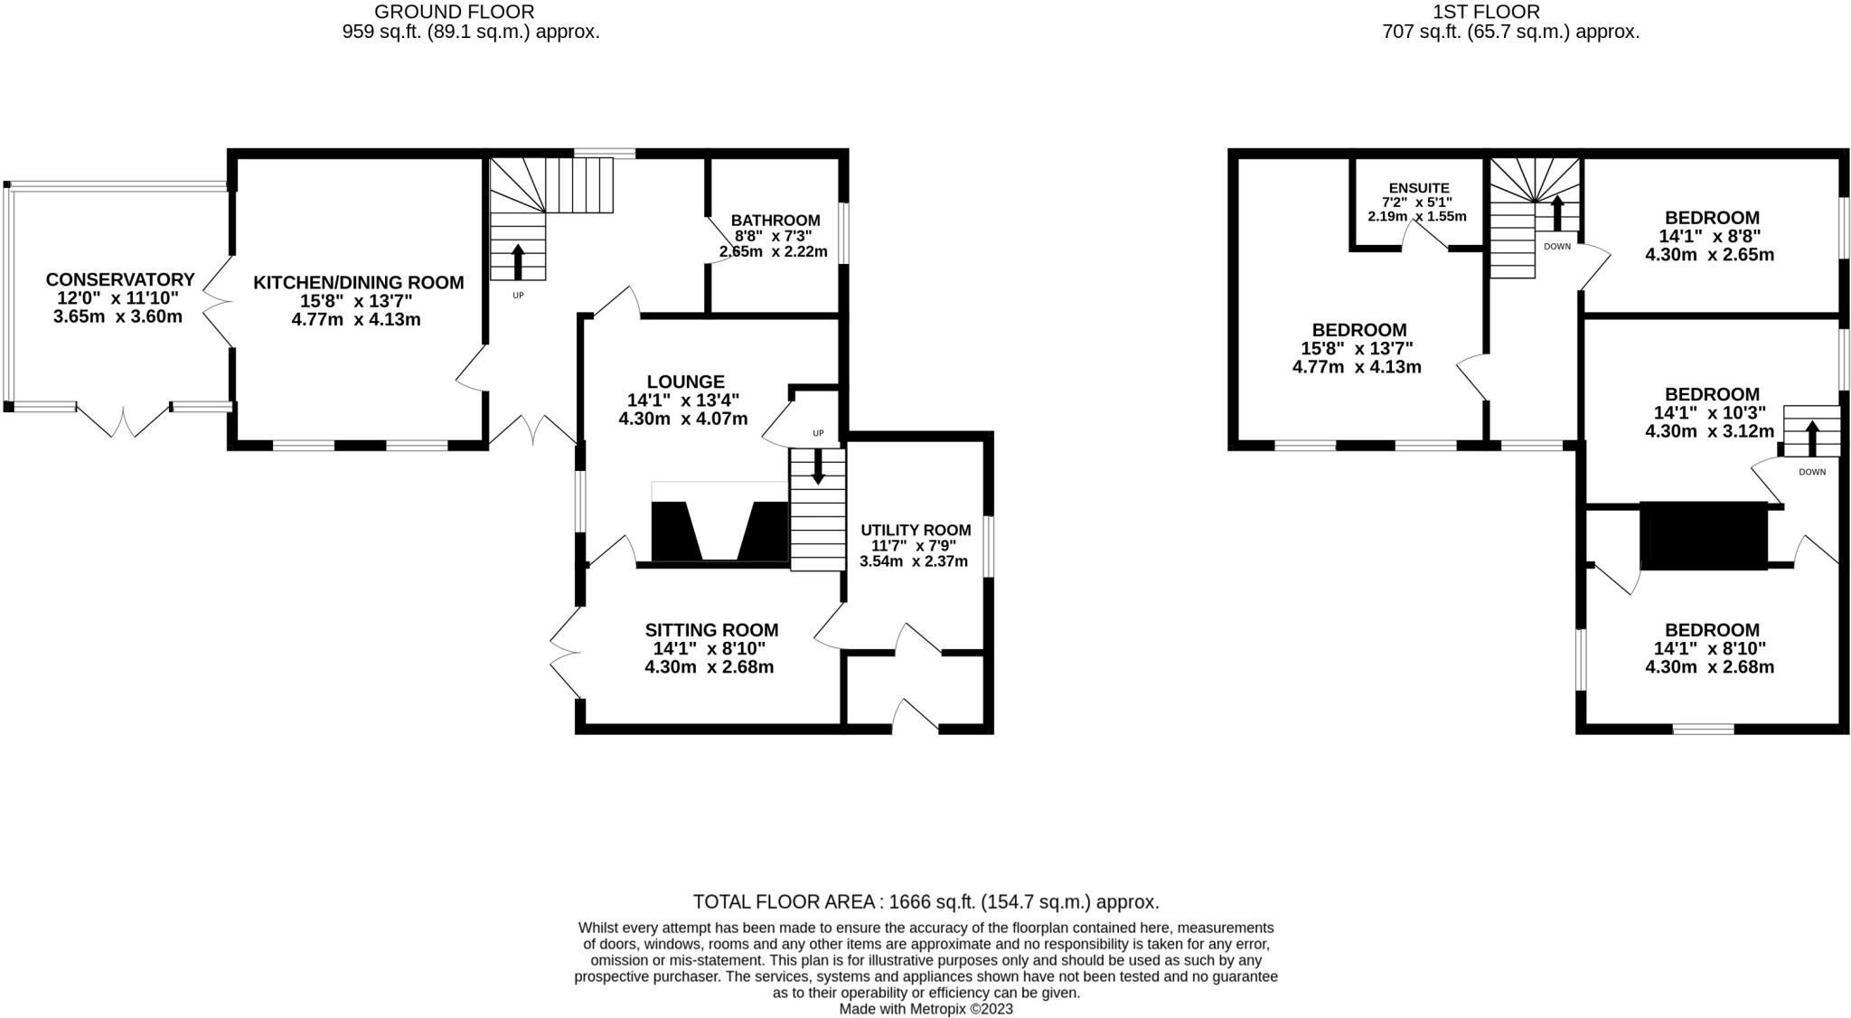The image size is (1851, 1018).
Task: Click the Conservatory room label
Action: [x=120, y=280]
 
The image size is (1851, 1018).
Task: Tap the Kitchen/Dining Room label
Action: [x=358, y=283]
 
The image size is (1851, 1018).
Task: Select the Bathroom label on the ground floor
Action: [x=775, y=221]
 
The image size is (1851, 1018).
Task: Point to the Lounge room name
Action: [x=685, y=382]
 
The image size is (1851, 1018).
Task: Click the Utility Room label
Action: [x=915, y=531]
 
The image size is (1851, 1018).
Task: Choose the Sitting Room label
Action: [x=711, y=630]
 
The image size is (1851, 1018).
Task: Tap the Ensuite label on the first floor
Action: [x=1419, y=188]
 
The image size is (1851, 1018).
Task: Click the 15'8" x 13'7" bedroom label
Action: [x=1358, y=331]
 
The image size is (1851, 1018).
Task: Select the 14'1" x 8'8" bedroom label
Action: [x=1712, y=218]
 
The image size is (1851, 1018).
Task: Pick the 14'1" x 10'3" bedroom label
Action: [x=1712, y=394]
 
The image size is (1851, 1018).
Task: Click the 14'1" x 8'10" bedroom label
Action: [x=1712, y=630]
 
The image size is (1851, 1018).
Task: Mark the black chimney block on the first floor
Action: [x=1704, y=535]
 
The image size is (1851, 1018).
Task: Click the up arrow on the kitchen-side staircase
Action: [x=518, y=261]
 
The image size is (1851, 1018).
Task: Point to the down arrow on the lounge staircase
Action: [x=818, y=467]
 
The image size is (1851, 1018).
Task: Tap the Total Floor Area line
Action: [x=925, y=901]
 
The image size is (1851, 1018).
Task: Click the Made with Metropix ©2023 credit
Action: [x=925, y=1009]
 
